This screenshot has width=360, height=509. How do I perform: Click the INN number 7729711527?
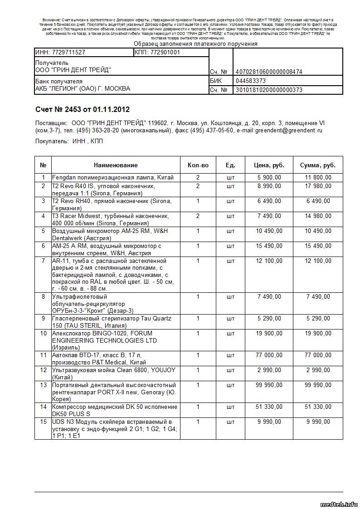(60, 52)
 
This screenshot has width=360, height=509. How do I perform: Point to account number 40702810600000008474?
(268, 72)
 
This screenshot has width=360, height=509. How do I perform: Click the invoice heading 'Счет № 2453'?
(63, 110)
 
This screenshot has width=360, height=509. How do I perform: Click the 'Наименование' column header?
(116, 165)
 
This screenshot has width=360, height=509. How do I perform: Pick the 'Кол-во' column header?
(198, 165)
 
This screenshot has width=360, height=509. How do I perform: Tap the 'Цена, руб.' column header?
(269, 165)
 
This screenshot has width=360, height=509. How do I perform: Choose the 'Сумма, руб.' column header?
(318, 165)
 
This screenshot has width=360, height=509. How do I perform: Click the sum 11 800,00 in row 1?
(318, 178)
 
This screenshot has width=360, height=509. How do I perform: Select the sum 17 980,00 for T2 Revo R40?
(318, 186)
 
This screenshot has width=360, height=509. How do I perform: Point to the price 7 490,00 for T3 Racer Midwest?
(269, 216)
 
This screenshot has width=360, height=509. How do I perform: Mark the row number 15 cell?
(44, 422)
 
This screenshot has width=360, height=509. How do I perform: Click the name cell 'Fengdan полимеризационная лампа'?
(112, 178)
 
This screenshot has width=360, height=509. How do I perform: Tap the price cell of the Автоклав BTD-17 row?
(269, 355)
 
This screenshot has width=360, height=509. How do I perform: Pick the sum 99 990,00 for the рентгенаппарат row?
(318, 385)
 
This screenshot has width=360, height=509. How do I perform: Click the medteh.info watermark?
(339, 504)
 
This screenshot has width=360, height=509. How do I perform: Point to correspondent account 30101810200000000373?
(268, 90)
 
